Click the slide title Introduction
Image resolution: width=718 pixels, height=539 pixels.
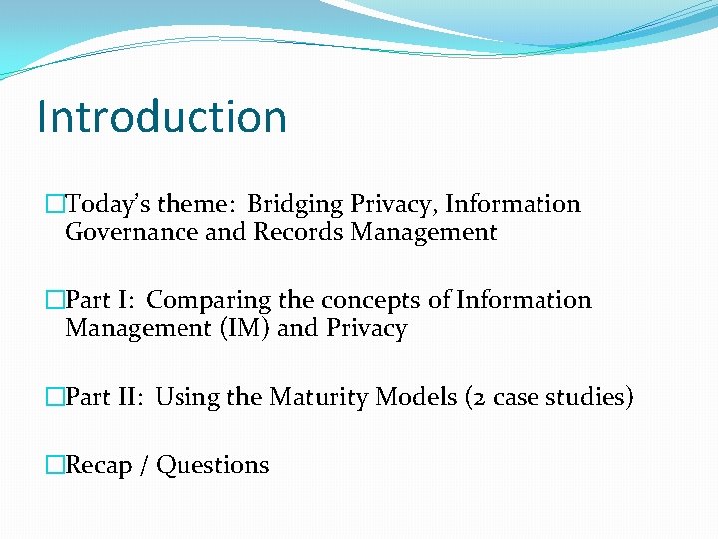162,116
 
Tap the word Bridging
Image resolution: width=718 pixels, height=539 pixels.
296,205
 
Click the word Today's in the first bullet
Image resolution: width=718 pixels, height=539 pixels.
108,204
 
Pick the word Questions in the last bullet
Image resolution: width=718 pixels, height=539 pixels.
213,465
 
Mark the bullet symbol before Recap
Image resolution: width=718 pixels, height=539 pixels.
54,465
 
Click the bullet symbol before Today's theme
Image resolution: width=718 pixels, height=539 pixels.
54,204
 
